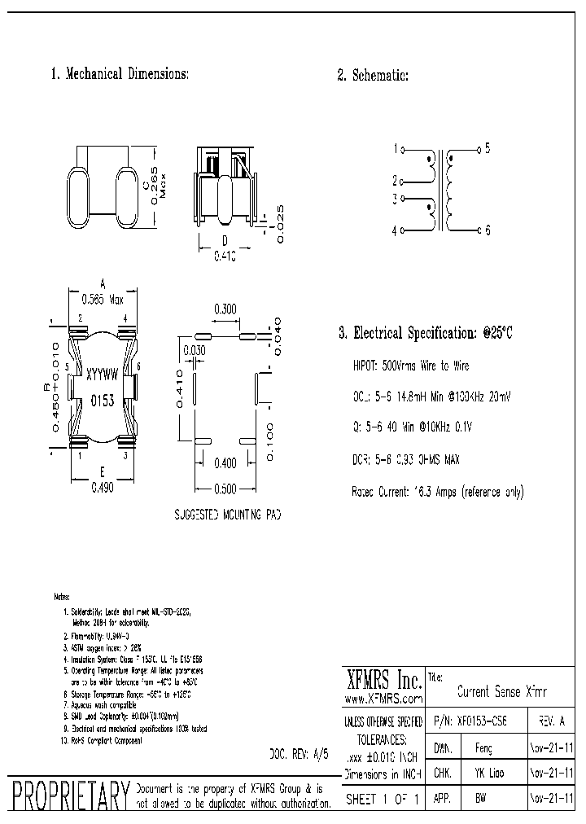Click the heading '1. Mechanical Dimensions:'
[x=120, y=74]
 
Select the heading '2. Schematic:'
[x=373, y=76]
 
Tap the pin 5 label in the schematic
[x=488, y=148]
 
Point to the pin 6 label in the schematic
[x=488, y=230]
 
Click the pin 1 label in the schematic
[x=396, y=149]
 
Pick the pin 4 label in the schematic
[x=395, y=231]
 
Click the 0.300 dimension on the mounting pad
[x=225, y=309]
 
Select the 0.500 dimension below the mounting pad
[x=225, y=489]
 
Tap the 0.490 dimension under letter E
[x=102, y=488]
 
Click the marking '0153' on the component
[x=102, y=401]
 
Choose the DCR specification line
[x=405, y=460]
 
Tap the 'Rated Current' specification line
[x=437, y=492]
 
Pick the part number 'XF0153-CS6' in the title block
[x=479, y=722]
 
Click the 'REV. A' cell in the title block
[x=553, y=722]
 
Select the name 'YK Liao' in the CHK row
[x=488, y=774]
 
